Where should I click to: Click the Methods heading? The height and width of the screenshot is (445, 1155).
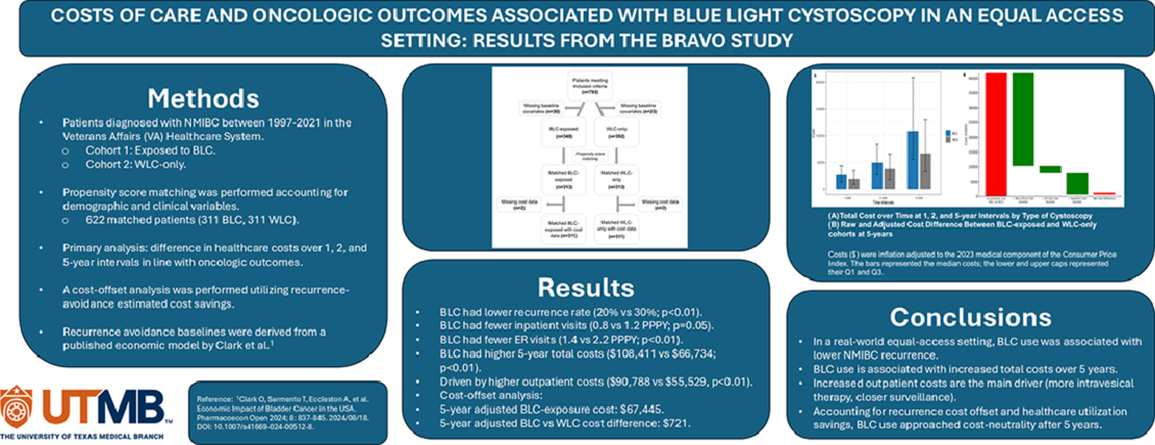203,98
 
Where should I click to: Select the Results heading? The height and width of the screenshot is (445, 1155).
586,287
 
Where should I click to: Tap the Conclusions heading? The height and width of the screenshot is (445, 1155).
970,317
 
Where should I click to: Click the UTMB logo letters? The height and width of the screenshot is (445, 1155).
103,408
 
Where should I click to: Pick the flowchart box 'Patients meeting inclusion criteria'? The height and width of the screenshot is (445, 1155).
590,86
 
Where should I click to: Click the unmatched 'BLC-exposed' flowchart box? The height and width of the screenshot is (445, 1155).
564,133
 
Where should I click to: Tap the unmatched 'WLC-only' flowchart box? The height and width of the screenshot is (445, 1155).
616,133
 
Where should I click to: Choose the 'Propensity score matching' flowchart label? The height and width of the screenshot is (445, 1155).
590,156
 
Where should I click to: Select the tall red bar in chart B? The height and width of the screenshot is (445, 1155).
996,134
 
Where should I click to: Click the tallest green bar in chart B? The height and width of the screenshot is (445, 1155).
1023,119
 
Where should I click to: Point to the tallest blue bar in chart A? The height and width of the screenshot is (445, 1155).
912,160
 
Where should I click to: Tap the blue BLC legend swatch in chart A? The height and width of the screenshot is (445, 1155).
948,134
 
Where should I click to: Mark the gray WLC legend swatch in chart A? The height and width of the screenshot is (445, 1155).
948,139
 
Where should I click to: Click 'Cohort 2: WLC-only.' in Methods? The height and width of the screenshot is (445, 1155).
136,165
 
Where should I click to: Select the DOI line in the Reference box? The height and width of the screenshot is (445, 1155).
255,427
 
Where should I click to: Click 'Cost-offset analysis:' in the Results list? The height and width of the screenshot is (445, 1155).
491,395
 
